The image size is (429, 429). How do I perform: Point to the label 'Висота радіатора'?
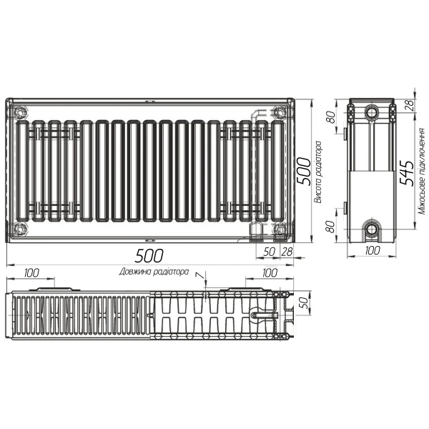[318, 172]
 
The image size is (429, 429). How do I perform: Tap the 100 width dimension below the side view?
[371, 252]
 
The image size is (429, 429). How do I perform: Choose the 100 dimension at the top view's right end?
[270, 273]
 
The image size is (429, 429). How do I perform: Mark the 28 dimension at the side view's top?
[409, 104]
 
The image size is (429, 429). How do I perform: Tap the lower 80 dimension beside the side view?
[331, 228]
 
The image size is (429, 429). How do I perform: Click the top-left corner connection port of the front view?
[19, 112]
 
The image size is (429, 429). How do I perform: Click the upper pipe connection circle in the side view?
[371, 113]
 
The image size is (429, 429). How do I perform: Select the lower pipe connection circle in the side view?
[371, 230]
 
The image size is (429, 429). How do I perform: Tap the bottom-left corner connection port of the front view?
[19, 230]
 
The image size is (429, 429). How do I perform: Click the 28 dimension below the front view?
[287, 252]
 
